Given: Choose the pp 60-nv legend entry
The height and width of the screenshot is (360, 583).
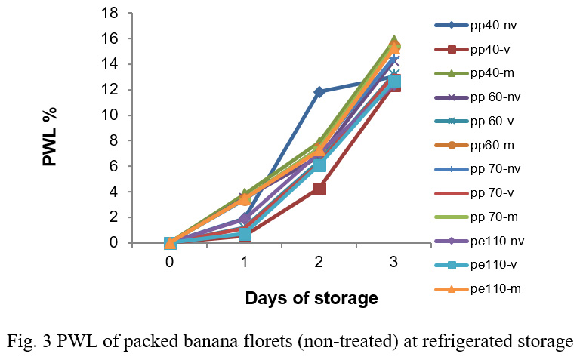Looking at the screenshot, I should (495, 97).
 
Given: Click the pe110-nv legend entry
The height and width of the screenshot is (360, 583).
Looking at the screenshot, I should (496, 242).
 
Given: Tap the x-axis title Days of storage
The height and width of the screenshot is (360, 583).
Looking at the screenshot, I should (311, 299).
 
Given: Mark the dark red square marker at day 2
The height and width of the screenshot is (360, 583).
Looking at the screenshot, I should (319, 189).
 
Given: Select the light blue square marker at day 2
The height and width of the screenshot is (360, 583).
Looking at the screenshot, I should (319, 165).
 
